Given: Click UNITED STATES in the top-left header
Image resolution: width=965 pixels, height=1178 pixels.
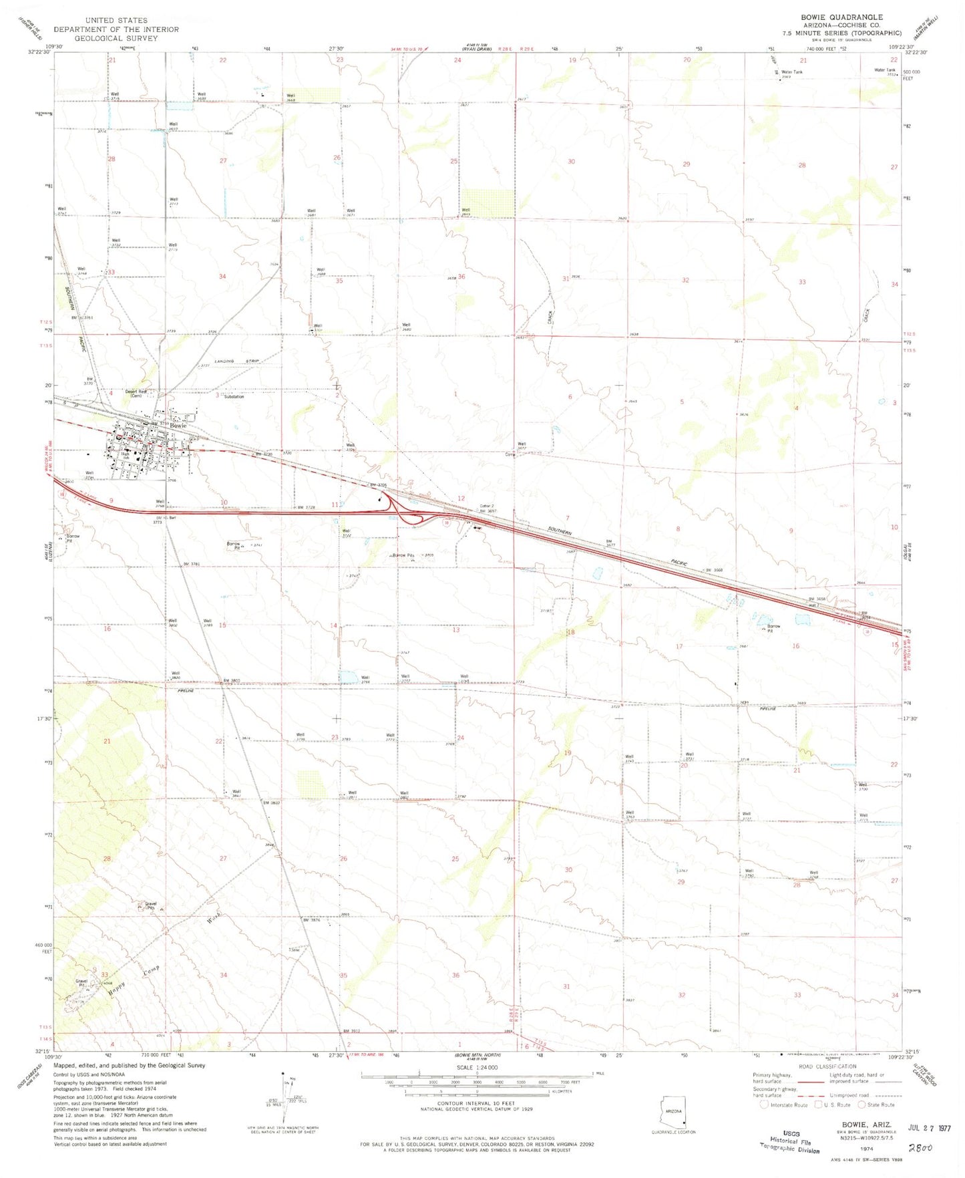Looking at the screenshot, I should click(x=116, y=21).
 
